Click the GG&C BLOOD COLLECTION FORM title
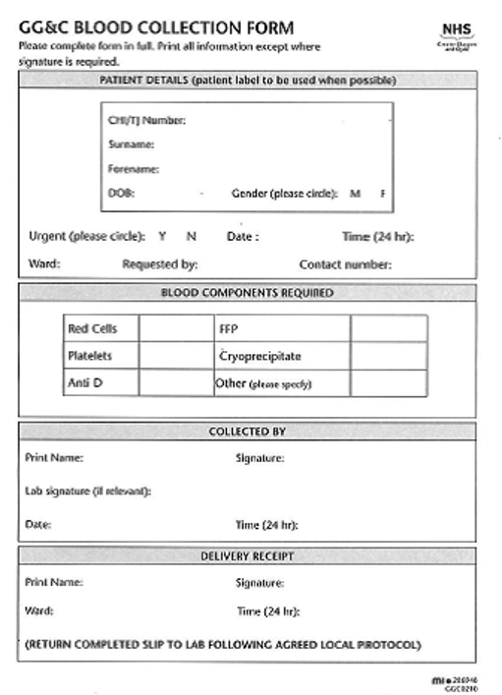click(156, 28)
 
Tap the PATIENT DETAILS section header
click(248, 80)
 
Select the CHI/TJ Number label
click(146, 121)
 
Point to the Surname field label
click(133, 145)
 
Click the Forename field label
click(134, 169)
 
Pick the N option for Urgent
click(192, 236)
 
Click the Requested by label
click(160, 263)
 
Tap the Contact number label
click(346, 263)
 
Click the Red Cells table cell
click(91, 329)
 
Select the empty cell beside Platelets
click(176, 356)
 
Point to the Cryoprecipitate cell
click(260, 356)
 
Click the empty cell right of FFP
click(388, 329)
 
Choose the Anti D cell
click(84, 383)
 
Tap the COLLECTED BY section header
click(248, 432)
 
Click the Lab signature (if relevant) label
click(87, 490)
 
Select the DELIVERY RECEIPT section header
click(248, 556)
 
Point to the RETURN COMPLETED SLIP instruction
click(223, 645)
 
